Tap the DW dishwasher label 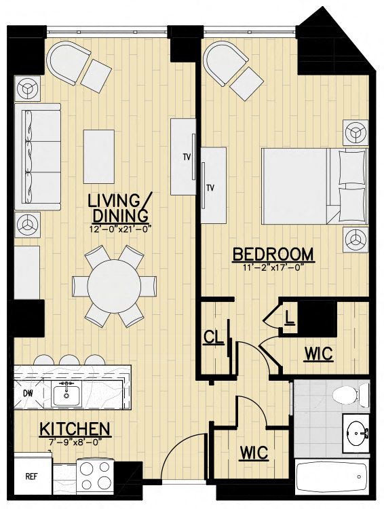(28, 393)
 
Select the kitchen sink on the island (67, 394)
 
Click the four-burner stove (95, 476)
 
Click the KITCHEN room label (75, 428)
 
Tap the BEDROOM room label (273, 254)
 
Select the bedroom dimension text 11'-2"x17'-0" (273, 268)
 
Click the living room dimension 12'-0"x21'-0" (121, 229)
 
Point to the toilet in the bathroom (351, 394)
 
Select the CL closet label (213, 337)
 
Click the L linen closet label (289, 318)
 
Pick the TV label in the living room (187, 157)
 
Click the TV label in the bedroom (211, 187)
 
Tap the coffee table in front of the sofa (98, 157)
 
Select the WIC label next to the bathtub (254, 452)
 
